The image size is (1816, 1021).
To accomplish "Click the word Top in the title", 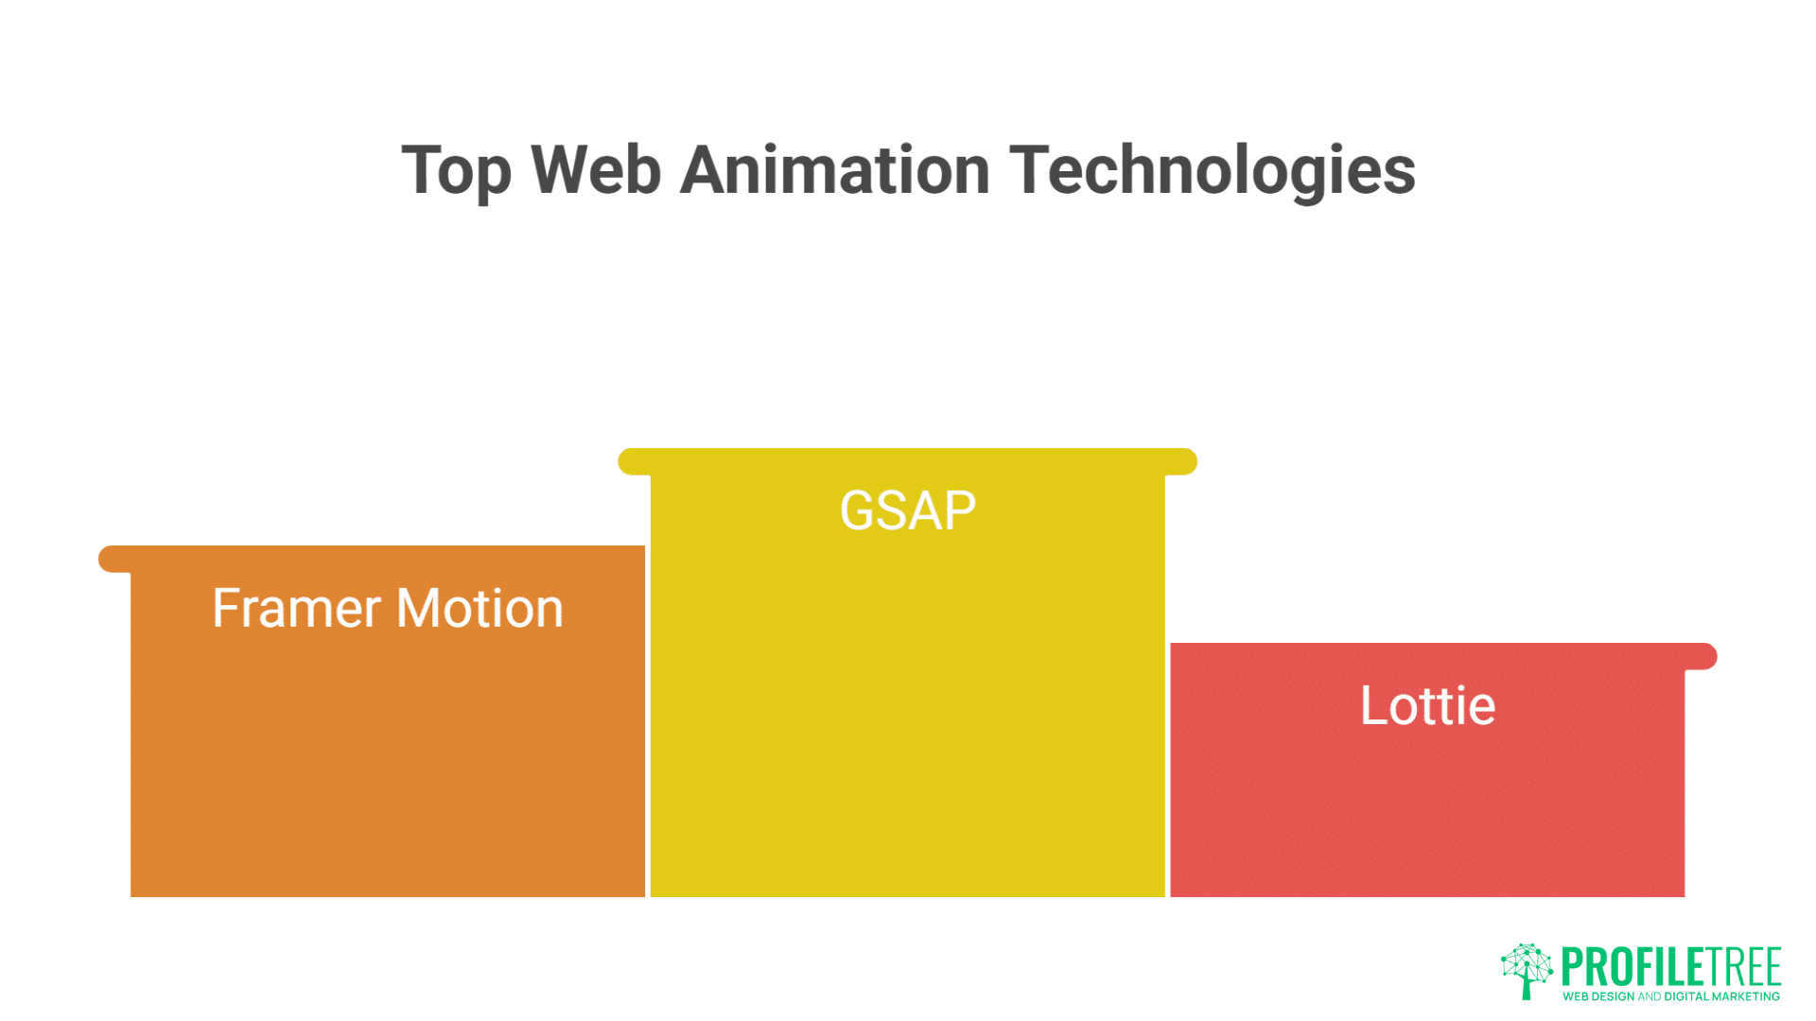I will pos(456,172).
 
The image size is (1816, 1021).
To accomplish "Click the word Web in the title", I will pos(595,170).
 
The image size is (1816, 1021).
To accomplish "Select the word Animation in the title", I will pos(834,170).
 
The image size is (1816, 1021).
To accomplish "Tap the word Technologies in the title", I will pos(1212,172).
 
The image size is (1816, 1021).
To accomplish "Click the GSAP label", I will pos(907,511).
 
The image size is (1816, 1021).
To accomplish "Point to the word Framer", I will pos(295,608).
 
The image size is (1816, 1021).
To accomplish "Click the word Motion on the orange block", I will pos(480,608).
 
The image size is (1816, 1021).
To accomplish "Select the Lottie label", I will pos(1427,706).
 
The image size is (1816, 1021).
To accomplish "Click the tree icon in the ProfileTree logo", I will pos(1526,970).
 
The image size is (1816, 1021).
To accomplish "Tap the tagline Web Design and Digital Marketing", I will pos(1670,996).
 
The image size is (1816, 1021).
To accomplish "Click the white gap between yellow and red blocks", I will pos(1167,756).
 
